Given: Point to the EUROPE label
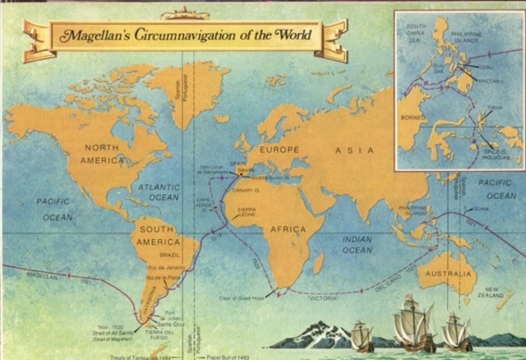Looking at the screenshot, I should click(x=280, y=150).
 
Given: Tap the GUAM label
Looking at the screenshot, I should click(x=482, y=209).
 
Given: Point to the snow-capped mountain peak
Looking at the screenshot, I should click(x=311, y=329).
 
